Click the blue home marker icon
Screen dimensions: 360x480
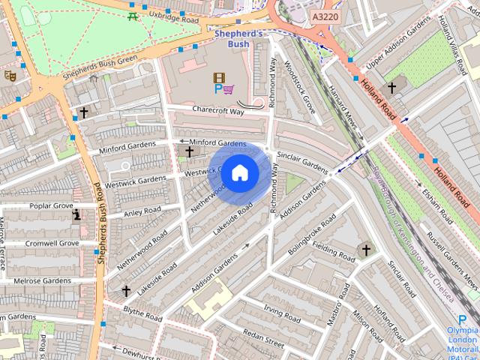coord(239,173)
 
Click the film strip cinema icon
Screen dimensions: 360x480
coord(218,77)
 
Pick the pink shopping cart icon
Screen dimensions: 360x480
coord(229,90)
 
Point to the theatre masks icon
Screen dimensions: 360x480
coord(9,75)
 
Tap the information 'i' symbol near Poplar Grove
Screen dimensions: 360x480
coord(76,215)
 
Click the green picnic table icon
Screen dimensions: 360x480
coord(133,16)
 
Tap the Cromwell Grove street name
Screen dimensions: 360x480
coord(52,243)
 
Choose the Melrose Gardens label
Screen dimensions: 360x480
coord(42,279)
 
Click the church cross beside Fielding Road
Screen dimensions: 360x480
coord(366,250)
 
